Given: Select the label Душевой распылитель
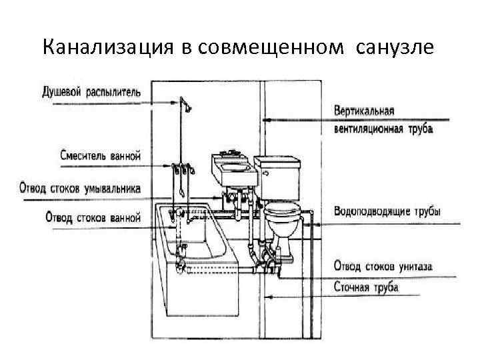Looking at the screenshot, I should click(91, 92).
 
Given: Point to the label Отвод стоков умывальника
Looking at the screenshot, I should click(80, 188).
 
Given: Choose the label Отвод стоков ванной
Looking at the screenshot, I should click(93, 217).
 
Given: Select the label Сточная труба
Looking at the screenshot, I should click(366, 287).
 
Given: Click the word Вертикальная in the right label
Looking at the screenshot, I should click(365, 110).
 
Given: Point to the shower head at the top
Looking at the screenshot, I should click(185, 104).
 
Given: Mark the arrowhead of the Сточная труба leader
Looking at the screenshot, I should click(267, 296).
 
